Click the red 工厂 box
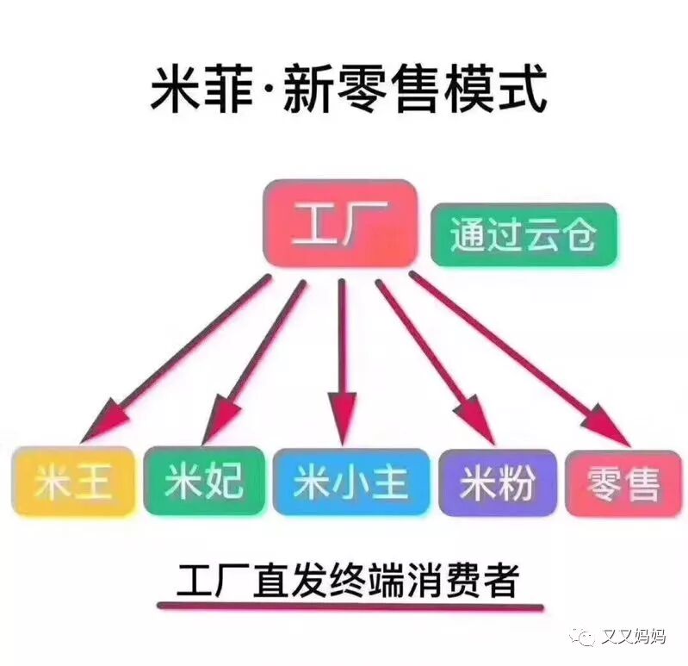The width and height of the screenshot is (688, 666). pos(339,221)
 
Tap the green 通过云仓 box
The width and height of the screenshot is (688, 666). pos(523,234)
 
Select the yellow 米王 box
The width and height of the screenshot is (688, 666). pos(74,482)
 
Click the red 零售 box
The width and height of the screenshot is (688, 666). pos(623,483)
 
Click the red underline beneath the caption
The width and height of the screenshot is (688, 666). pos(350,607)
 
